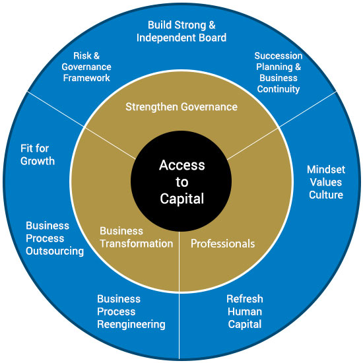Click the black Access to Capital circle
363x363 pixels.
pos(181,181)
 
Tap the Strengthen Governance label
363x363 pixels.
pos(181,107)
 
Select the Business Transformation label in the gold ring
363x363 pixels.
pos(137,238)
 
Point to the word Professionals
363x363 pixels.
pos(222,244)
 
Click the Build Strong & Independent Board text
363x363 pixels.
pos(181,32)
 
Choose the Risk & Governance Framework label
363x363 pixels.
pos(86,67)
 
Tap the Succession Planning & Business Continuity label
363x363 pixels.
pos(279,73)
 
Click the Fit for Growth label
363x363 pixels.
pos(38,154)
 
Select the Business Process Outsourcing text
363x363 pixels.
pos(55,238)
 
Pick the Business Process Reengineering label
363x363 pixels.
pos(131,312)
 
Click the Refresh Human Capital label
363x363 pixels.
pos(245,312)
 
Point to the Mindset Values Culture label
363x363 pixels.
pos(326,182)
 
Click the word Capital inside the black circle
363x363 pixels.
pos(182,199)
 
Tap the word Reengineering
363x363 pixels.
pos(131,325)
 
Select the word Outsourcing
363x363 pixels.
pos(55,251)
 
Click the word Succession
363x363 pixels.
pos(279,56)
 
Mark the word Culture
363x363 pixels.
pos(326,195)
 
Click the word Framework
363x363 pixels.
pos(86,78)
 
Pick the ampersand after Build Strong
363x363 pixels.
pos(212,25)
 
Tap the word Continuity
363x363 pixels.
pos(279,89)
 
